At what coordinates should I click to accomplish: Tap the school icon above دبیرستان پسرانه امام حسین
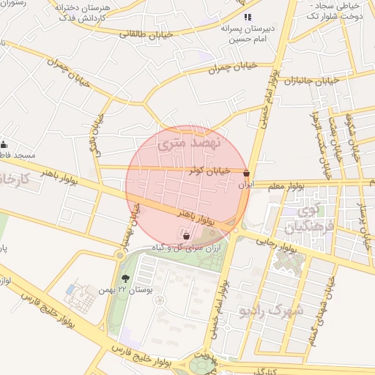coord(248,17)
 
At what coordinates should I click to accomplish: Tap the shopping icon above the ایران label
coord(246,174)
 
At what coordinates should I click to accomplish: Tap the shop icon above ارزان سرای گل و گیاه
coord(186,236)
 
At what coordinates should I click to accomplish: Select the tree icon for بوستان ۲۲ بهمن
coord(125,278)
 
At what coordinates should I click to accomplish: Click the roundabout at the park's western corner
coord(119,255)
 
